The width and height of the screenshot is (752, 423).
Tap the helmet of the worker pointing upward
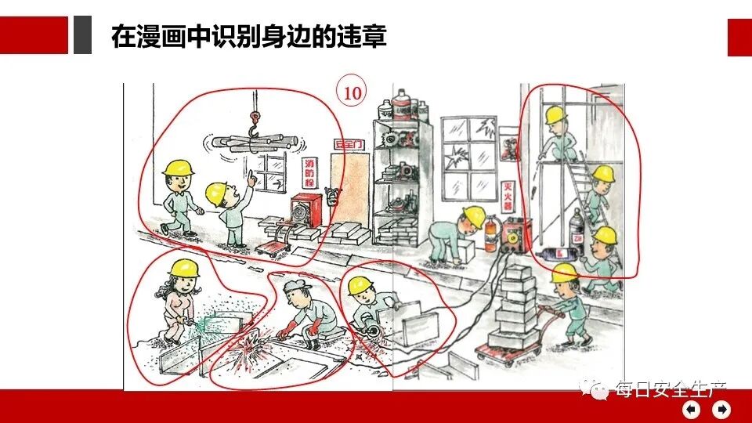pos(218,192)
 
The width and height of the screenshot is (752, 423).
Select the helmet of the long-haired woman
pos(185,268)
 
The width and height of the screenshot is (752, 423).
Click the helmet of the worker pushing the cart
pos(564,273)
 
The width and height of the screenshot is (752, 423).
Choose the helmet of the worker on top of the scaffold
pos(555,115)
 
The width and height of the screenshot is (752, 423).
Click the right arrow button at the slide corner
pos(721,409)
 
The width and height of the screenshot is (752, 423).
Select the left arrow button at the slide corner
pos(692,409)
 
